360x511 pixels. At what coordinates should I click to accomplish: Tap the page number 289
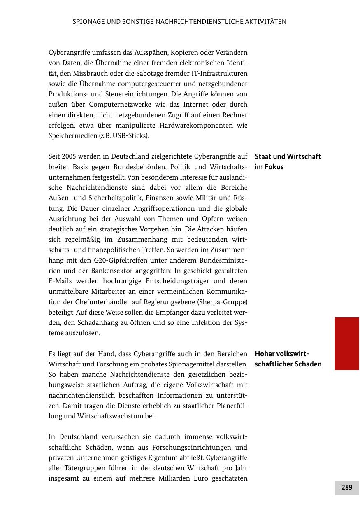pos(347,488)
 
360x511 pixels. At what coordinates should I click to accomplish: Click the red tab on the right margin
pos(347,343)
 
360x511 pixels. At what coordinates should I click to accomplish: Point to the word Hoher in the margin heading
pos(265,354)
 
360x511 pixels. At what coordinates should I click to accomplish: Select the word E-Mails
pos(60,281)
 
